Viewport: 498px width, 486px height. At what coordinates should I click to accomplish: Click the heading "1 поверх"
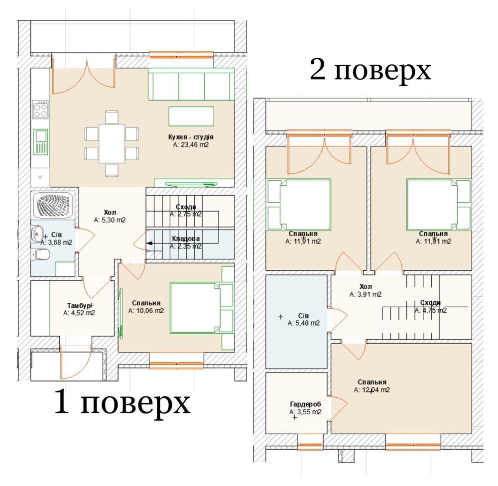tap(123, 403)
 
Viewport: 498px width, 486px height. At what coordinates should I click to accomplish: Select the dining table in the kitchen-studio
tap(112, 143)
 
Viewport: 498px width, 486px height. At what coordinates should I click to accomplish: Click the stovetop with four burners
tap(40, 109)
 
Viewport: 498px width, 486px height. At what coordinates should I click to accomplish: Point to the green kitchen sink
tap(40, 142)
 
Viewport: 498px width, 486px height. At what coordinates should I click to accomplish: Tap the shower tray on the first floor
tap(53, 205)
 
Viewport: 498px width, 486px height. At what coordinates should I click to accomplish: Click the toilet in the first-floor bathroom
tap(42, 254)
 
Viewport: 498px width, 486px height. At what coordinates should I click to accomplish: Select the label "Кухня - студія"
tap(191, 137)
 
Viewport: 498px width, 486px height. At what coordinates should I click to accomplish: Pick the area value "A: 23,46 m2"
tap(191, 145)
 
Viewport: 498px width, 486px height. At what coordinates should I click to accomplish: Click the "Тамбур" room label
tap(79, 306)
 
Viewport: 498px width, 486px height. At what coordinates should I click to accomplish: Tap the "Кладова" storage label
tap(186, 239)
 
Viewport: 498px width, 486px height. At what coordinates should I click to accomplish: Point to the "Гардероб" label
tap(305, 404)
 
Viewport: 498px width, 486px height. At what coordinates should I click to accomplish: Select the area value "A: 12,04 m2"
tap(372, 390)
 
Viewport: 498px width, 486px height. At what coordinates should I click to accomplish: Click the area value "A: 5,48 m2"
tap(304, 323)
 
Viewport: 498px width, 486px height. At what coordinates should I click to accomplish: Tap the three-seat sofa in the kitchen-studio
tap(191, 84)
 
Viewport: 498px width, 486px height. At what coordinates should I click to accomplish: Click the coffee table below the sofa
tap(191, 116)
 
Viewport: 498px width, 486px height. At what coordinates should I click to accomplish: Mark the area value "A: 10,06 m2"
tap(146, 311)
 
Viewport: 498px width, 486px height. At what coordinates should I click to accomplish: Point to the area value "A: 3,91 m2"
tap(366, 294)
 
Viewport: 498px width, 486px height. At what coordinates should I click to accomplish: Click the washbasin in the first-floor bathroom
tap(37, 234)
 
